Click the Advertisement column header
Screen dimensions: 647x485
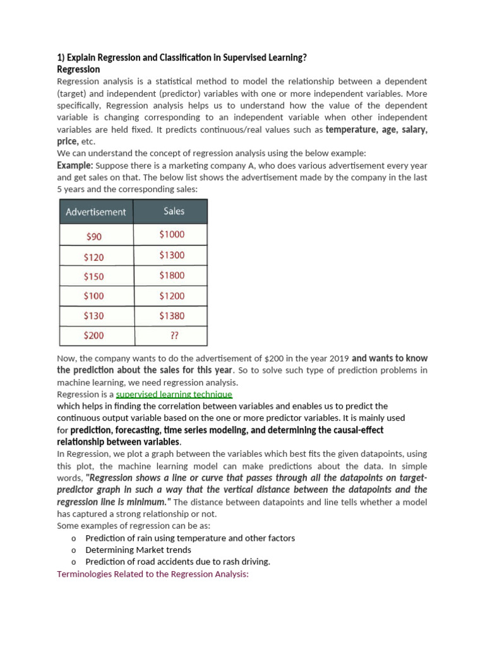tap(96, 212)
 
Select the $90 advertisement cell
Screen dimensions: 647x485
tap(93, 237)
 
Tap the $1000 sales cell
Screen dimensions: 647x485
tap(172, 234)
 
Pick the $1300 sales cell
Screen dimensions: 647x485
tap(172, 255)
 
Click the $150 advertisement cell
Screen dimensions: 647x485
tap(93, 277)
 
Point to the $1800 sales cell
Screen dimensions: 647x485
tap(172, 275)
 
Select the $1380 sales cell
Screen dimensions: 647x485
tap(172, 315)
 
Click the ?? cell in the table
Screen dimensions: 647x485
tap(171, 336)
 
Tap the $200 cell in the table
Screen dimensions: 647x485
tap(93, 336)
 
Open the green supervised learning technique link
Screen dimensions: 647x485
tap(174, 394)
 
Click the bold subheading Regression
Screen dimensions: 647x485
tap(78, 70)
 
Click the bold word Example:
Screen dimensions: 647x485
tap(75, 165)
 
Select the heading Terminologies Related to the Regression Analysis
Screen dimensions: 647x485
tap(153, 574)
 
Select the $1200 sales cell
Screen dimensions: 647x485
tap(172, 296)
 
